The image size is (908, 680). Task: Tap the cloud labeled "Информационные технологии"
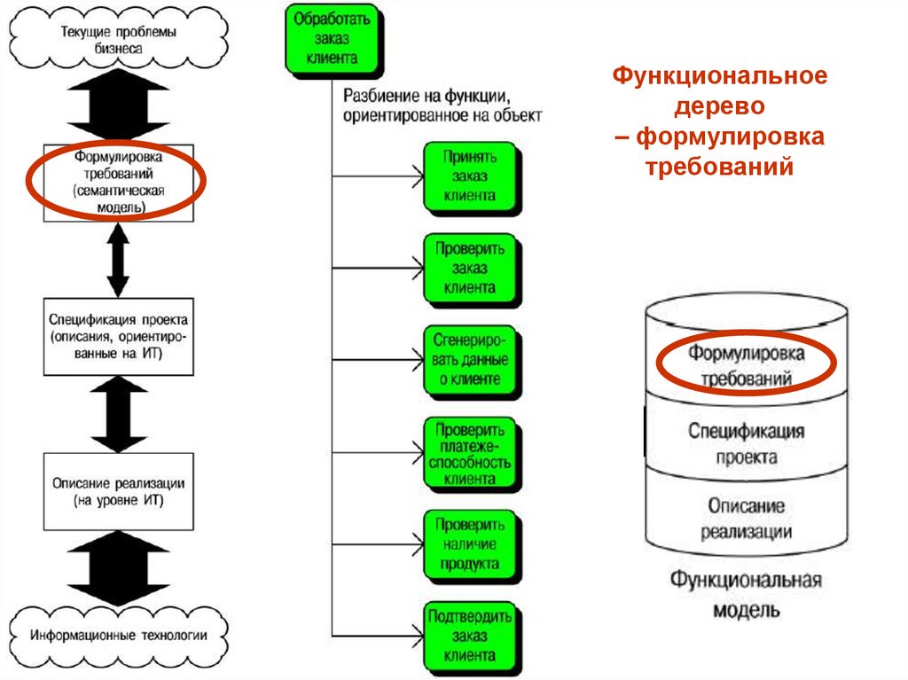tap(118, 636)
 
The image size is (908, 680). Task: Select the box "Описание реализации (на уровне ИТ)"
tap(118, 491)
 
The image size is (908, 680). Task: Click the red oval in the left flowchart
tap(115, 182)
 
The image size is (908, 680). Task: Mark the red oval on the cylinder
tap(746, 363)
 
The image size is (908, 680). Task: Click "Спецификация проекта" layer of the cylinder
tap(745, 443)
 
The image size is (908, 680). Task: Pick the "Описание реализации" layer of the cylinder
tap(745, 519)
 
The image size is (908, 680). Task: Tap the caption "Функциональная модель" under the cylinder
tap(745, 595)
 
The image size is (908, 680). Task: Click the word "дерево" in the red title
tap(718, 106)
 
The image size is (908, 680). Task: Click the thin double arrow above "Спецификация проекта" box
tap(118, 261)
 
